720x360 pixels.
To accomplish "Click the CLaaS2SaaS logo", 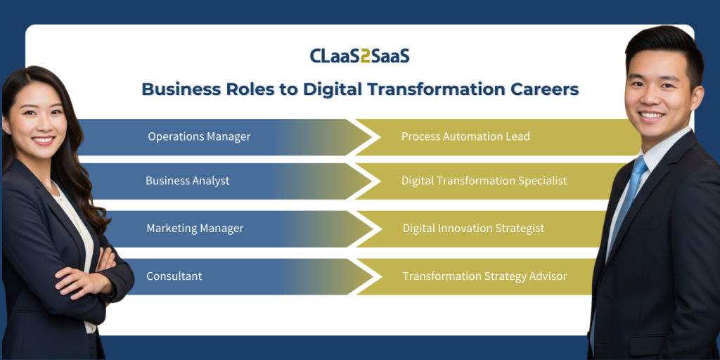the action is [x=359, y=56].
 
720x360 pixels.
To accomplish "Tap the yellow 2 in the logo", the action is [x=366, y=56].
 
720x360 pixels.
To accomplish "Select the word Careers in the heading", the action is [x=548, y=89].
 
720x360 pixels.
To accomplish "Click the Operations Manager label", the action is [x=199, y=137].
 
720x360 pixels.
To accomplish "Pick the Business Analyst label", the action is [x=187, y=181].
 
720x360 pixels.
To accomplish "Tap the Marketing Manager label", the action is [x=195, y=229].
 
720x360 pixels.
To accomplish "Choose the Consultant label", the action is [x=174, y=276].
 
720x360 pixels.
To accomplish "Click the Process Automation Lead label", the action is [x=465, y=136].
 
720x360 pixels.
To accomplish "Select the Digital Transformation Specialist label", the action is [x=484, y=181].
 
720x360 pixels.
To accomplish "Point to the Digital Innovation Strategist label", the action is [x=473, y=229].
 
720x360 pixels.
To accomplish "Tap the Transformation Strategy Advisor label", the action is [x=485, y=276].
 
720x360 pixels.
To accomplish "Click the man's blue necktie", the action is [x=625, y=202].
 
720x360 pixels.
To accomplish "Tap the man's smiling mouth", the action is [x=652, y=115].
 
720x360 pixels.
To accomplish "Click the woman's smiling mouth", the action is [x=44, y=140].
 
